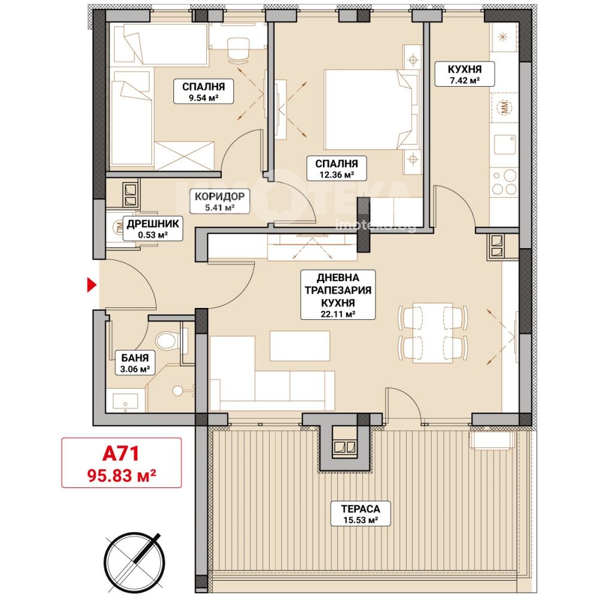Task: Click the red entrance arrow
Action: point(91,285)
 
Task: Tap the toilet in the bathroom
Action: point(167,340)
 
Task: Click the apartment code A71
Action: point(121,453)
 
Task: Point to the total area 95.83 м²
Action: point(121,475)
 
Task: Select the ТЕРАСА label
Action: point(361,508)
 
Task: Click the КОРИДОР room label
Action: point(219,197)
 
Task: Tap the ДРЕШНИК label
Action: point(152,224)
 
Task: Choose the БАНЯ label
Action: point(135,358)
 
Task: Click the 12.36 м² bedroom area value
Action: point(336,175)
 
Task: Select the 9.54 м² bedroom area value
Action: point(203,97)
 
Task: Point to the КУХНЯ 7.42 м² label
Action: point(465,74)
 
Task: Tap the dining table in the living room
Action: point(432,332)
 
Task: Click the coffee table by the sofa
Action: point(300,346)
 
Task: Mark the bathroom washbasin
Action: point(125,402)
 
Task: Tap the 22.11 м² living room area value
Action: point(338,315)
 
